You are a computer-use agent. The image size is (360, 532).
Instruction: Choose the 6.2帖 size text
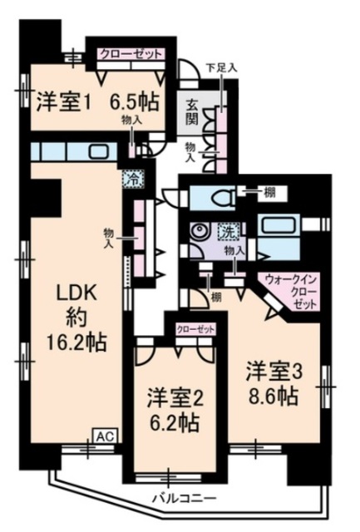point(172,422)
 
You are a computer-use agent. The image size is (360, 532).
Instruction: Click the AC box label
point(105,435)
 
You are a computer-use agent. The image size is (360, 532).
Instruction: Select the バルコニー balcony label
point(183,499)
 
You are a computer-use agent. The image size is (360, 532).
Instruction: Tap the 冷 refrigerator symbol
point(131,177)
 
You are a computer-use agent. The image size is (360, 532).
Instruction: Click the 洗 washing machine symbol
point(226,230)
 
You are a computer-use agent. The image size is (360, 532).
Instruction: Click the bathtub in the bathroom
point(280,226)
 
